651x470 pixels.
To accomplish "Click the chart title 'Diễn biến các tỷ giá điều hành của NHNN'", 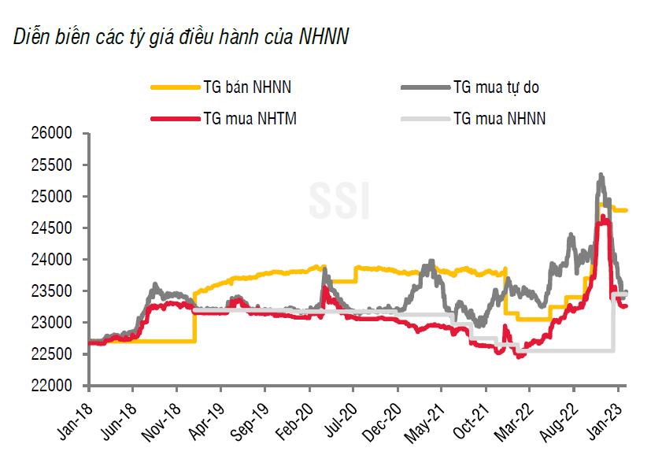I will point(181,37).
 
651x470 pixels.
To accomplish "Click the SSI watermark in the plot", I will point(338,202).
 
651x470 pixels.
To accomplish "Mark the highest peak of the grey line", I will point(601,175).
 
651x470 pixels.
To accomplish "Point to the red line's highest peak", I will point(603,217).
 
